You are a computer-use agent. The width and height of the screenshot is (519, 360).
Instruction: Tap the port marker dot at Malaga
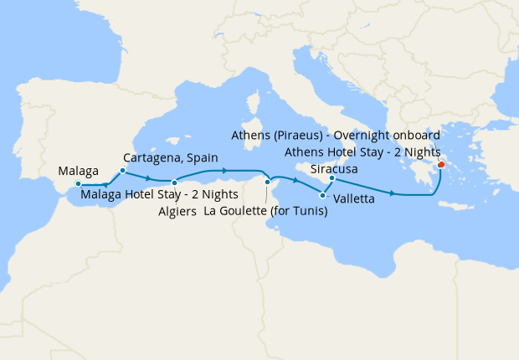[x=78, y=183]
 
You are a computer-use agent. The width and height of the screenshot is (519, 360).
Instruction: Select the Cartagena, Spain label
[x=170, y=157]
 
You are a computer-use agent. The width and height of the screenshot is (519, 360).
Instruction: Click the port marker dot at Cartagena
[x=122, y=171]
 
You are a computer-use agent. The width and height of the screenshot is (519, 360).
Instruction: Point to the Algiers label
[x=177, y=212]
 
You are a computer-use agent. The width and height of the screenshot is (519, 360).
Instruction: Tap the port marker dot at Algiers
[x=173, y=183]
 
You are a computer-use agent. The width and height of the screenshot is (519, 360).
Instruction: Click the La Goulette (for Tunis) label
[x=265, y=212]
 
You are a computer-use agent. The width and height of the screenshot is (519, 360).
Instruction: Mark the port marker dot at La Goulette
[x=267, y=182]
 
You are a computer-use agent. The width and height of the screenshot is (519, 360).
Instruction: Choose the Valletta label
[x=352, y=200]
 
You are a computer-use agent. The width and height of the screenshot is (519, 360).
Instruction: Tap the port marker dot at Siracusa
[x=332, y=178]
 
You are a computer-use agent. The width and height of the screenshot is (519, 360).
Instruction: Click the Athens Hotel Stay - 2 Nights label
[x=362, y=152]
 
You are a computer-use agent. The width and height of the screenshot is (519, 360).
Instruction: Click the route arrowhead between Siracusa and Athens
[x=393, y=194]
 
